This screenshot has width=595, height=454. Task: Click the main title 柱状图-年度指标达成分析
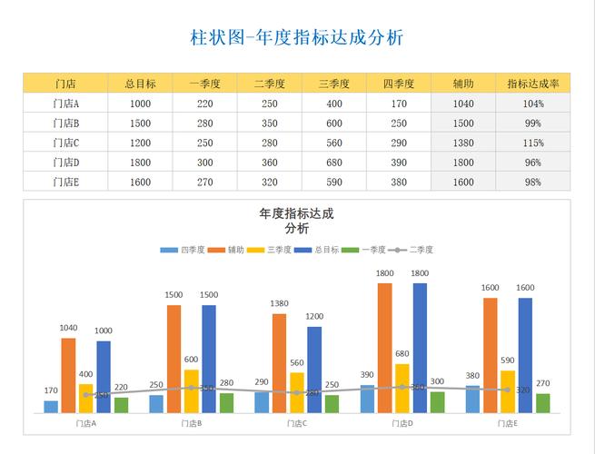pos(297,37)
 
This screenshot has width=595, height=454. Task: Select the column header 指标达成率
pos(532,84)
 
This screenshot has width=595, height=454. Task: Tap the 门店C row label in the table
pos(65,143)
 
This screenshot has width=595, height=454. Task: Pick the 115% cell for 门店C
pos(532,143)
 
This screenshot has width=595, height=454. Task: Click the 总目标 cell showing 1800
pos(140,163)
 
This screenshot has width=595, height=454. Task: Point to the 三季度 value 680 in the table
pos(334,163)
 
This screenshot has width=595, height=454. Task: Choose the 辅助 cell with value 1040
pos(463,104)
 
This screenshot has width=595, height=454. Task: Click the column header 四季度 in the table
pos(399,84)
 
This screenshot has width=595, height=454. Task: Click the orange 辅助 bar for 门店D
pos(384,348)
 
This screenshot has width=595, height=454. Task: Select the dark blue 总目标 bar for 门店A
pos(104,377)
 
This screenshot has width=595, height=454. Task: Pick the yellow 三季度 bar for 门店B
pos(192,390)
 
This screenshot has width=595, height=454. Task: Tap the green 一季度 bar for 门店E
pos(543,403)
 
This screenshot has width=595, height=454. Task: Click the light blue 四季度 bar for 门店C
pos(262,402)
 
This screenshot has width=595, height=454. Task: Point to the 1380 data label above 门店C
pos(279,303)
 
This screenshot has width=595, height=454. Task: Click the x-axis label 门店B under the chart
pos(192,424)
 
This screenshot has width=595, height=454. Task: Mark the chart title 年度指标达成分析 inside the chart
pos(296,221)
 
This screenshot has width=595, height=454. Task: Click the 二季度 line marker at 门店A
pos(86,395)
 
